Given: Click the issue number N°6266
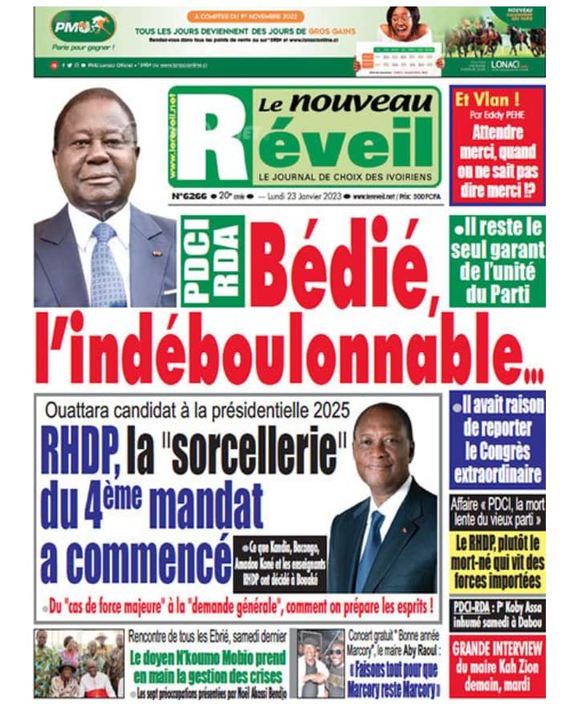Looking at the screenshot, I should pyautogui.click(x=190, y=194).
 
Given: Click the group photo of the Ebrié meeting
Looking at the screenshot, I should pyautogui.click(x=79, y=662).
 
